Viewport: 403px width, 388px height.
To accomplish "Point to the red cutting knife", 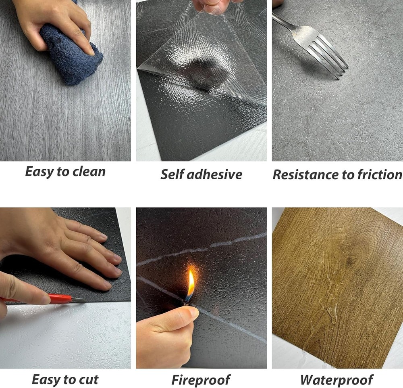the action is point(52,299).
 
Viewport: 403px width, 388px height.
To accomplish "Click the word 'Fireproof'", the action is point(200,380).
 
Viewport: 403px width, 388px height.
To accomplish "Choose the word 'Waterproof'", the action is point(337,380).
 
